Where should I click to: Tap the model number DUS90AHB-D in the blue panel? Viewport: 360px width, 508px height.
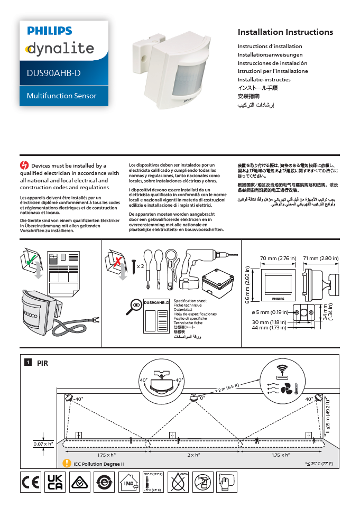pos(53,73)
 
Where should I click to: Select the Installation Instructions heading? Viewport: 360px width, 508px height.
pos(285,32)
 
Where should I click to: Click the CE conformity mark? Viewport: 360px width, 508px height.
pos(31,483)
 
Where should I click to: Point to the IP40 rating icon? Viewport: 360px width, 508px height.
pos(128,483)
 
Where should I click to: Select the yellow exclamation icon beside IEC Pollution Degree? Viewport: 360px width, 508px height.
pos(67,464)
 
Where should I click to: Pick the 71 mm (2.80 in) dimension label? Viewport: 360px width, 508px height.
pos(321,258)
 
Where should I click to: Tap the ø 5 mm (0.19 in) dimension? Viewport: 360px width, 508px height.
pos(270,312)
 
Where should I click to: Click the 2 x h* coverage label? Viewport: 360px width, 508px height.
pos(195,455)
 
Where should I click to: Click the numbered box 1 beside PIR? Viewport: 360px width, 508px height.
pos(27,362)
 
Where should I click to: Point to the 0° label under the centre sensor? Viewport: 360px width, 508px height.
pos(202,398)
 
